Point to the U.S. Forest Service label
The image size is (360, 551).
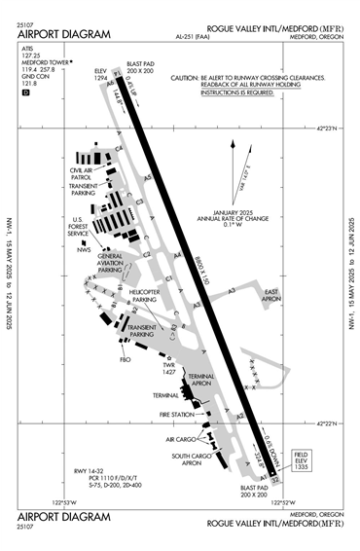(x=77, y=227)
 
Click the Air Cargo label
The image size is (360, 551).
(x=187, y=440)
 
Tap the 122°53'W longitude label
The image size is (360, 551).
(x=63, y=503)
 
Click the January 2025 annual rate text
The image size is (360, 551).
(x=233, y=219)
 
